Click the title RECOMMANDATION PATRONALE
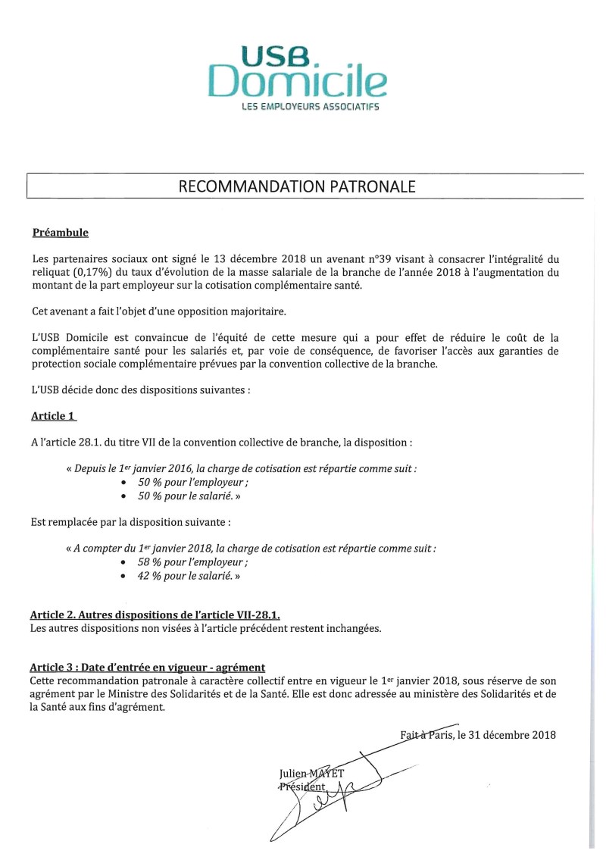point(297,186)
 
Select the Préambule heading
point(60,232)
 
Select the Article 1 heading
point(54,416)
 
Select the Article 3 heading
point(148,667)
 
